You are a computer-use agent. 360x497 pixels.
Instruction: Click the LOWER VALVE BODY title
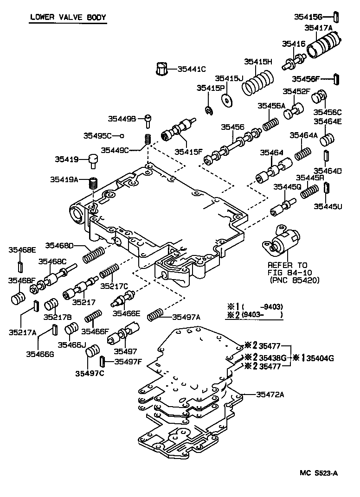pos(68,18)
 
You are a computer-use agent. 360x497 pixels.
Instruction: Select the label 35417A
pos(318,28)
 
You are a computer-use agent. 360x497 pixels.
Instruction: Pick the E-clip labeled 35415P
pos(209,110)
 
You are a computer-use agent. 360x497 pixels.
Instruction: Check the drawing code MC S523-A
pos(319,473)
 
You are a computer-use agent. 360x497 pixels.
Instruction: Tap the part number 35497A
pos(186,317)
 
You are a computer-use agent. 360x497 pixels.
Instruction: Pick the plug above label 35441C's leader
pos(161,69)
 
